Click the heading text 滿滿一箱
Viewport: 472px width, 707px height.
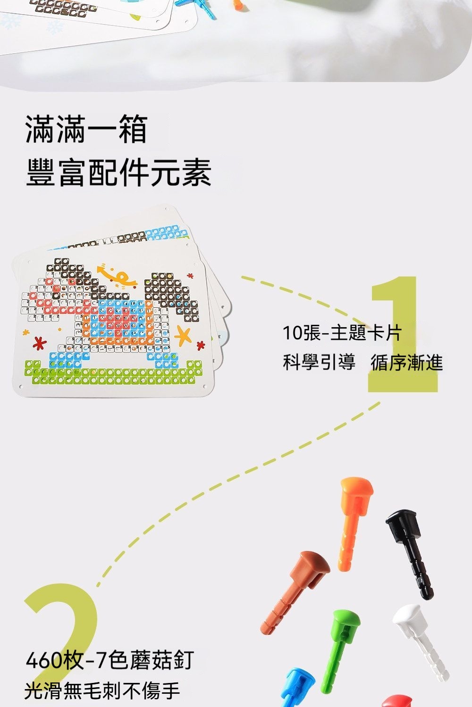[x=86, y=129]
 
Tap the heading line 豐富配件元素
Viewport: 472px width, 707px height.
[x=118, y=172]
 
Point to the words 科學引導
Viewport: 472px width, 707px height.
[x=319, y=362]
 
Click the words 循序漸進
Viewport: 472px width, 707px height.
[x=406, y=362]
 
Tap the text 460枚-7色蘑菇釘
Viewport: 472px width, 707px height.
[x=110, y=660]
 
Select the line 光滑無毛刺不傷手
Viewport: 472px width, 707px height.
[x=102, y=691]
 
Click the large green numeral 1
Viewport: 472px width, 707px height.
[x=403, y=335]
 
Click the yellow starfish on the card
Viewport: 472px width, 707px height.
[x=183, y=335]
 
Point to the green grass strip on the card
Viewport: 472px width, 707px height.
[x=113, y=372]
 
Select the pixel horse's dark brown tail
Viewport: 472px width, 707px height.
[x=171, y=294]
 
